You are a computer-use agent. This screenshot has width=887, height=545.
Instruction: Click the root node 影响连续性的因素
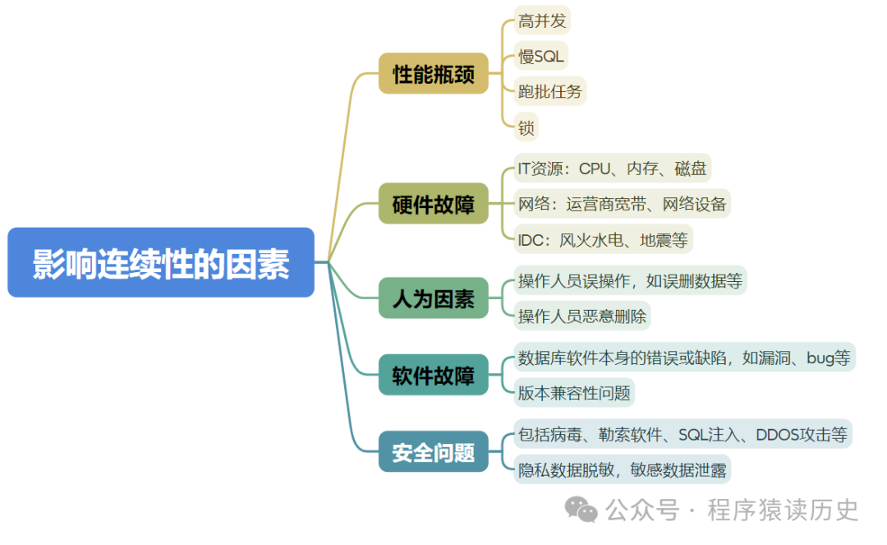click(161, 262)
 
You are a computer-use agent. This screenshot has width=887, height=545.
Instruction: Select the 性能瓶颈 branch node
click(433, 74)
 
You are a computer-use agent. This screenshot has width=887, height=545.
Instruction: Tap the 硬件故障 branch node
click(433, 204)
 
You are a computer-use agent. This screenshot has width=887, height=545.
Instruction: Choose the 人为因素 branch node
click(433, 298)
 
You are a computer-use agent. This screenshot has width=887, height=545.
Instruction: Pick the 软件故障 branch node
click(433, 376)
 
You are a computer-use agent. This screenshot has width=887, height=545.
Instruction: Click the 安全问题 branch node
click(433, 451)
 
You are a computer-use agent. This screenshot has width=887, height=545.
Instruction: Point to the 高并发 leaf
click(542, 21)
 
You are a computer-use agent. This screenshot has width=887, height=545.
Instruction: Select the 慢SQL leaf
click(540, 56)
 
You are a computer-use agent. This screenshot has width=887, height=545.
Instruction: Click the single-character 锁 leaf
click(526, 127)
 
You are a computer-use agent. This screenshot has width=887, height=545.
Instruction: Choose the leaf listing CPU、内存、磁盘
click(612, 168)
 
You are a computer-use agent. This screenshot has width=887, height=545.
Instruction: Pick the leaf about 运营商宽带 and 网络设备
click(622, 203)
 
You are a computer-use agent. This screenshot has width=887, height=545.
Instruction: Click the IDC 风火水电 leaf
click(604, 239)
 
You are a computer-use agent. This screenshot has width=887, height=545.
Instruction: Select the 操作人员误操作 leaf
click(630, 280)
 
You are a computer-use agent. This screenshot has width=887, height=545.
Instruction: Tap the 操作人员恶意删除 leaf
click(584, 316)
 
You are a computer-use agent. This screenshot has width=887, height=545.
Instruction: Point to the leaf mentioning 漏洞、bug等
click(684, 358)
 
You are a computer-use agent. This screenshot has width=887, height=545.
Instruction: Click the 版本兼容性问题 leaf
click(574, 392)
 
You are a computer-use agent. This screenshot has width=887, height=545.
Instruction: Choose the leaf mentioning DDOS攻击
click(682, 433)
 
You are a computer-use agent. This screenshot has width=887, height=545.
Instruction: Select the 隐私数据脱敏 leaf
click(622, 469)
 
